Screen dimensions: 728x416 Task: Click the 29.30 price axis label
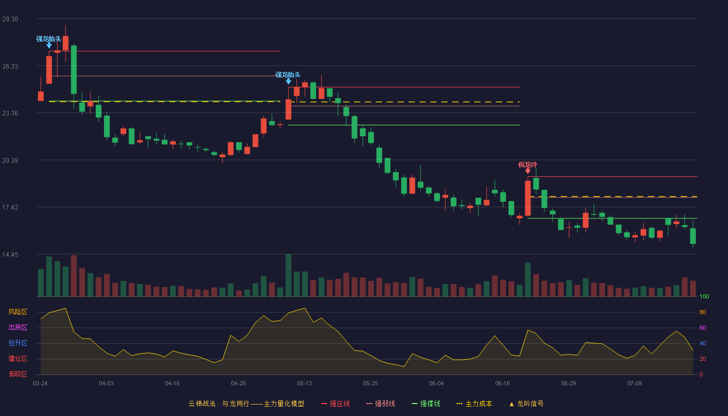click(10, 19)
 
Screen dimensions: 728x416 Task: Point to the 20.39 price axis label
click(10, 161)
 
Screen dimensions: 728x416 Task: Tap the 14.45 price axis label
click(10, 255)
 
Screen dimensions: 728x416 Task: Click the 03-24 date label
click(41, 384)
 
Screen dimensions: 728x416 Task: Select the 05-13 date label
click(304, 384)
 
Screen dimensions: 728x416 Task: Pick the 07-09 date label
click(634, 384)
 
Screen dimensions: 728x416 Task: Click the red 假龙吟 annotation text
click(528, 165)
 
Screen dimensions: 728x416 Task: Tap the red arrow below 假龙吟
click(528, 171)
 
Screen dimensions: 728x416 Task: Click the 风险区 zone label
click(18, 312)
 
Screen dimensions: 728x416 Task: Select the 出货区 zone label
click(18, 328)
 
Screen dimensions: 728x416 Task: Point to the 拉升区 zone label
click(18, 343)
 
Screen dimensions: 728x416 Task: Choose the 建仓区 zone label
click(18, 359)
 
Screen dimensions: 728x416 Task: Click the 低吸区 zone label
click(18, 374)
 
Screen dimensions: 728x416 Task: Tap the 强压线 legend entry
click(335, 404)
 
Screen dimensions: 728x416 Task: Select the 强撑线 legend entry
click(426, 404)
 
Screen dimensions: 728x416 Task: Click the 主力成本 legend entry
click(474, 404)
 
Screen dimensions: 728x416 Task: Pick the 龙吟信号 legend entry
click(526, 404)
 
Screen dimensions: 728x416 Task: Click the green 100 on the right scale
click(704, 296)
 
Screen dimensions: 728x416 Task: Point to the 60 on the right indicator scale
click(703, 328)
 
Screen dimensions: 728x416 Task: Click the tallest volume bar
click(288, 275)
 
